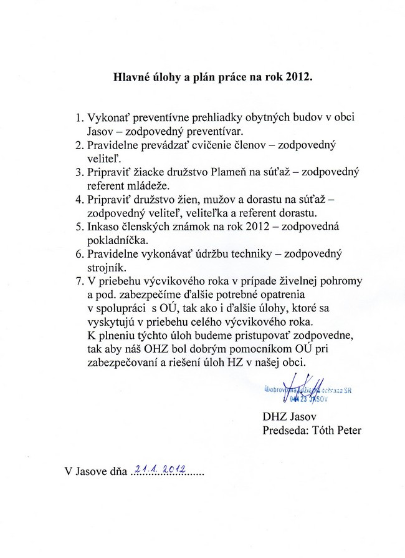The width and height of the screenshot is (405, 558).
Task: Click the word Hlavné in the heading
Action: coord(133,79)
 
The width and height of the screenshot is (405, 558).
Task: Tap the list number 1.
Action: coord(79,117)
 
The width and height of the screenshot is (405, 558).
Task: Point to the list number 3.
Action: coord(79,172)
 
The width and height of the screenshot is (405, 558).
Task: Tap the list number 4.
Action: coord(79,199)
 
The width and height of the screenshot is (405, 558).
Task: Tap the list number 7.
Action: coord(79,281)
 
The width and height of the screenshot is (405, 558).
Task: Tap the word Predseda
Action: coord(280,430)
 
